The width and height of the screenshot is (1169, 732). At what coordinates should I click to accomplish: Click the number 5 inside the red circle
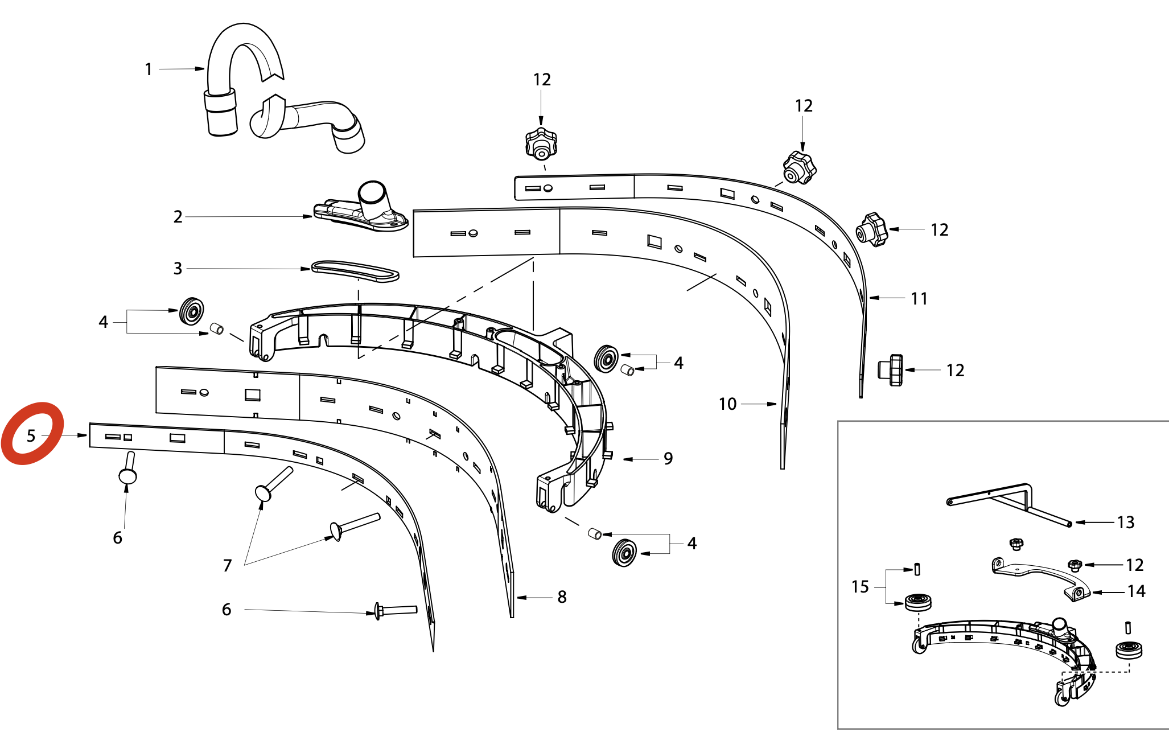[x=31, y=436]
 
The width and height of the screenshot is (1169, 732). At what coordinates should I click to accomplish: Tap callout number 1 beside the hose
[x=149, y=69]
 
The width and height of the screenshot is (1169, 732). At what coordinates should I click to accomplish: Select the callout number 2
[x=178, y=217]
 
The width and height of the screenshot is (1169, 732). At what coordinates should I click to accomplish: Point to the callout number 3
[x=178, y=269]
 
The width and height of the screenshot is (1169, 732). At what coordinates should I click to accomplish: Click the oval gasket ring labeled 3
[x=355, y=270]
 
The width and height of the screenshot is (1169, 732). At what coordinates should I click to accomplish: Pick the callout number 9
[x=668, y=459]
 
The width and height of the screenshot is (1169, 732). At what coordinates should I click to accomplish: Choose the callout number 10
[x=727, y=404]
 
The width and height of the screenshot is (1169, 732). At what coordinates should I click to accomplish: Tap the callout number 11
[x=919, y=298]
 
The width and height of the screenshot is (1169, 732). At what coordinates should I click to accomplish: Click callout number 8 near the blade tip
[x=562, y=597]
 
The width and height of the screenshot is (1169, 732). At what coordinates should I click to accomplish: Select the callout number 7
[x=227, y=565]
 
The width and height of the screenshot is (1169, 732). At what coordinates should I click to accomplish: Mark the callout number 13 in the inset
[x=1125, y=523]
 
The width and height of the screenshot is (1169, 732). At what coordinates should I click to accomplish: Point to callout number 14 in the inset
[x=1136, y=591]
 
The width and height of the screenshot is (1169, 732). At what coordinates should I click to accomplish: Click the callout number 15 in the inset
[x=860, y=587]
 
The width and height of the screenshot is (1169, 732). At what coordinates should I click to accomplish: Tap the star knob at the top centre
[x=541, y=143]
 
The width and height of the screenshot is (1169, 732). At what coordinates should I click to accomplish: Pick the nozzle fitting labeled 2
[x=362, y=211]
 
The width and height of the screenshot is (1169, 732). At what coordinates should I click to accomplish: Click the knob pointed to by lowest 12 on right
[x=891, y=370]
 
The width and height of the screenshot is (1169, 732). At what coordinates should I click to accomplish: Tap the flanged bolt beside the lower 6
[x=395, y=610]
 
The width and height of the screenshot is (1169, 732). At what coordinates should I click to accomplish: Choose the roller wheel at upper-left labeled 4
[x=192, y=311]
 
